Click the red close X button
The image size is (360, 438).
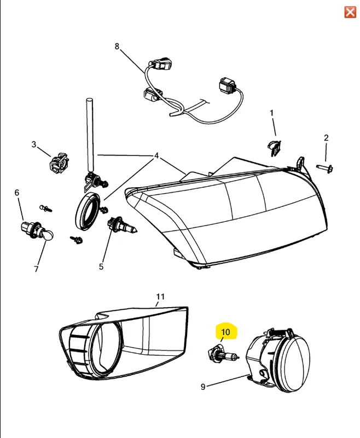pos(350,12)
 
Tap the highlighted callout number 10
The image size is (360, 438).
pos(225,332)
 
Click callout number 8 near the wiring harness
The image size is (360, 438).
pos(117,46)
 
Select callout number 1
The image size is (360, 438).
pos(271,113)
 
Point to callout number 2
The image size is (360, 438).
pos(326,138)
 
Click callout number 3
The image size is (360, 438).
pos(34,145)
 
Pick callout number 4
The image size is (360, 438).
pos(156,155)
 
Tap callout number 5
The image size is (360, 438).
pos(101,267)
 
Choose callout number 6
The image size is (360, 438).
pos(17,193)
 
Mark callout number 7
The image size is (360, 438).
pos(36,269)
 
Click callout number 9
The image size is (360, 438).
pos(203,387)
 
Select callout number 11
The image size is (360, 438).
pos(160,296)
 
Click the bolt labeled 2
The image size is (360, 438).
pos(324,169)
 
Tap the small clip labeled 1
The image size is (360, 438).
pos(274,147)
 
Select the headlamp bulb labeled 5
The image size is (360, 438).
pos(121,226)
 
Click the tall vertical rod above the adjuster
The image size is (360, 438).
pos(89,135)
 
